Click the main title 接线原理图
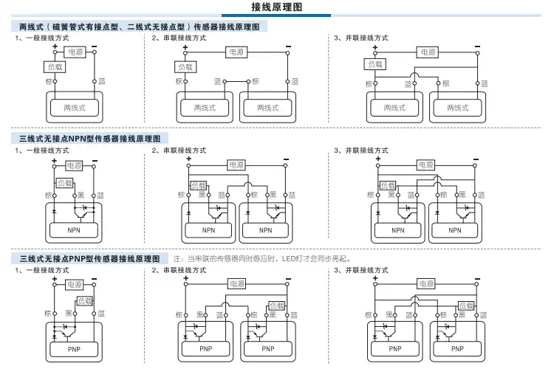click(277, 7)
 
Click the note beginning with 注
click(262, 259)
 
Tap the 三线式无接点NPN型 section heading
click(89, 139)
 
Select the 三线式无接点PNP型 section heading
click(89, 259)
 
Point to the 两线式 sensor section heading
click(139, 27)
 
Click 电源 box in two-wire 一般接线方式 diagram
click(75, 52)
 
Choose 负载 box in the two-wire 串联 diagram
click(185, 67)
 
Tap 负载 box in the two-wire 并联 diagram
click(375, 64)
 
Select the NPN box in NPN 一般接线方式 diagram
click(74, 230)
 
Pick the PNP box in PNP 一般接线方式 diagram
click(74, 349)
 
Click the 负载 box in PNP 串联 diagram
click(277, 306)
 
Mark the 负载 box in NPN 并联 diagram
click(388, 185)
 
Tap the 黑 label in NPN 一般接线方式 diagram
click(81, 195)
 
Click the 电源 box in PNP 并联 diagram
click(426, 283)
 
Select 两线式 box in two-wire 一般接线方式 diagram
click(75, 108)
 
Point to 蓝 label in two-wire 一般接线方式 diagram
click(102, 81)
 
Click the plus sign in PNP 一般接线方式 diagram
click(55, 279)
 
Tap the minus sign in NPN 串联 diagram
click(286, 159)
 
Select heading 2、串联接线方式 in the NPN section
click(179, 151)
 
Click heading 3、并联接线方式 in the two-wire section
click(361, 38)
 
